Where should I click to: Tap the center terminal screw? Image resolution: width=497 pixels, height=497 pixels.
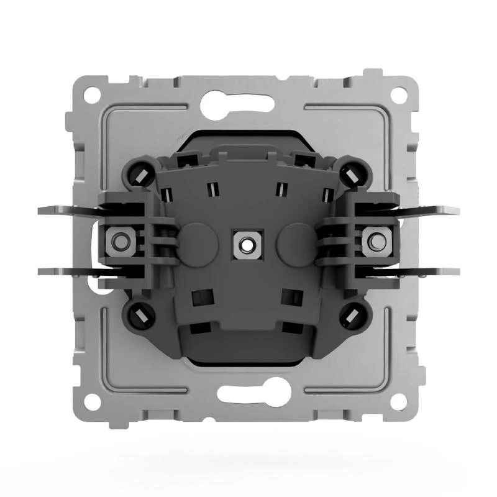246,243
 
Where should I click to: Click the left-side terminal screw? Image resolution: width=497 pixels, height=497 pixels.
117,242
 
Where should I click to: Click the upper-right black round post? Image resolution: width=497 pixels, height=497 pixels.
352,175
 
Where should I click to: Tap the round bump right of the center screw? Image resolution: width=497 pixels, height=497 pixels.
294,242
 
